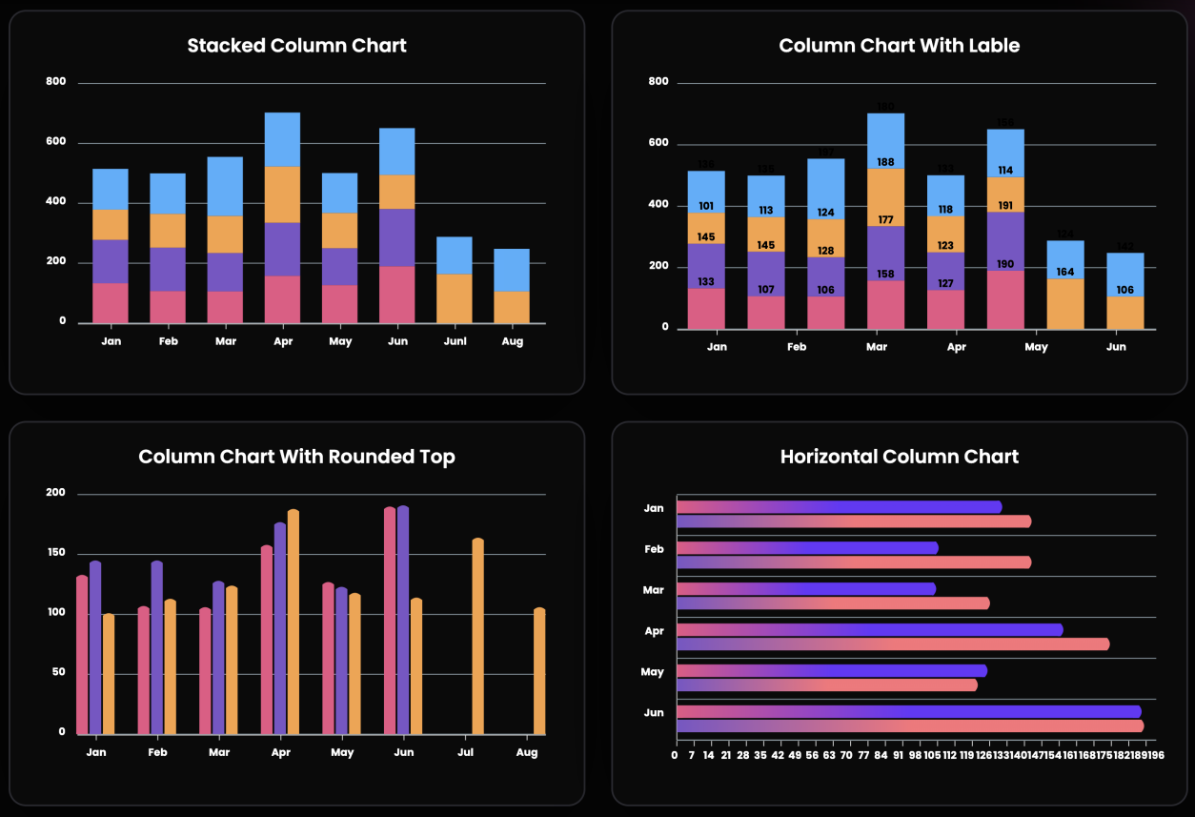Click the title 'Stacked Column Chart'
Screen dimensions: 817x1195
tap(296, 46)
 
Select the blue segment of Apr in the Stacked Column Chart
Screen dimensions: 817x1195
tap(282, 139)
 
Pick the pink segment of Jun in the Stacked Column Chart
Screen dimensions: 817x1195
tap(397, 295)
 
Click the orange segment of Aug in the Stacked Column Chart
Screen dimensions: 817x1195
tap(512, 307)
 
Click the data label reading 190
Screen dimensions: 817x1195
tap(1005, 265)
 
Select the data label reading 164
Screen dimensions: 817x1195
tap(1065, 272)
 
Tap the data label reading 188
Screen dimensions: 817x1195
tap(885, 162)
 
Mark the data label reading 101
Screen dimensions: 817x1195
tap(706, 206)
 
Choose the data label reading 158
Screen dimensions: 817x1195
tap(885, 274)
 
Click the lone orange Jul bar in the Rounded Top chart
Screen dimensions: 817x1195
tap(477, 636)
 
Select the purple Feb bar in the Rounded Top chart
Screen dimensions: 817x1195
tap(156, 647)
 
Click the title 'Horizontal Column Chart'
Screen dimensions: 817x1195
tap(899, 457)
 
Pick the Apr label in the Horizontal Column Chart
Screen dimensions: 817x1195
tap(654, 631)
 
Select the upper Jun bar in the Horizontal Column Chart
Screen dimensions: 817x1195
tap(907, 711)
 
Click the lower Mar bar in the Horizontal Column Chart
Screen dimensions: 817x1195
tap(832, 603)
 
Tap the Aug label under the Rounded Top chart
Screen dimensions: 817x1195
tap(526, 753)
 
